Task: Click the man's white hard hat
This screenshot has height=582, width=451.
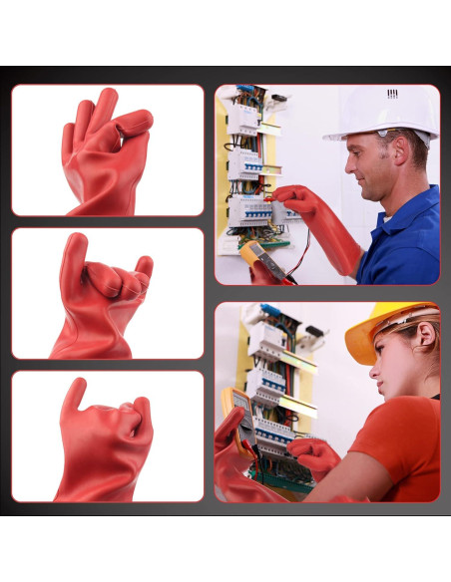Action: point(385,112)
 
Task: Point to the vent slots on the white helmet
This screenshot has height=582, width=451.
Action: point(392,94)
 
